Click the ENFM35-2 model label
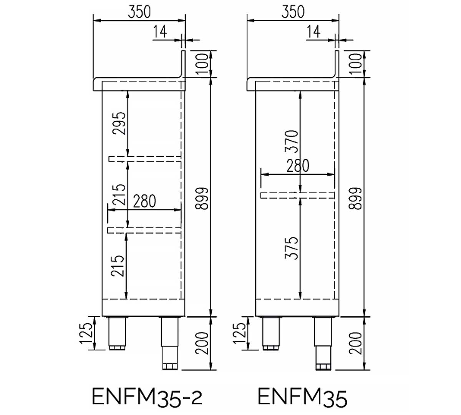click(x=147, y=397)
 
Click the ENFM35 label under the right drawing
click(x=302, y=397)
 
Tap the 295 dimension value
click(x=119, y=123)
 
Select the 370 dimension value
click(x=292, y=141)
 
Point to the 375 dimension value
click(x=292, y=248)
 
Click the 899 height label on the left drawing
click(x=202, y=198)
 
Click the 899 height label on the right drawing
click(x=355, y=198)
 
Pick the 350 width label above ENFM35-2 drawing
click(x=139, y=12)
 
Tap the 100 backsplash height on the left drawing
click(x=202, y=64)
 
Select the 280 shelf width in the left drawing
click(x=144, y=201)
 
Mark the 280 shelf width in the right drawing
click(x=298, y=166)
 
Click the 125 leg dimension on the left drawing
click(x=86, y=334)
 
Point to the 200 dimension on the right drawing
click(x=355, y=343)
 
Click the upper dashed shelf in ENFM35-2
click(x=145, y=159)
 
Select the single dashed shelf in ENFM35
click(x=298, y=196)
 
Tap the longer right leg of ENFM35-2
click(x=170, y=343)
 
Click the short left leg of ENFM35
click(x=271, y=334)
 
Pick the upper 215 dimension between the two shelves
click(x=119, y=195)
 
